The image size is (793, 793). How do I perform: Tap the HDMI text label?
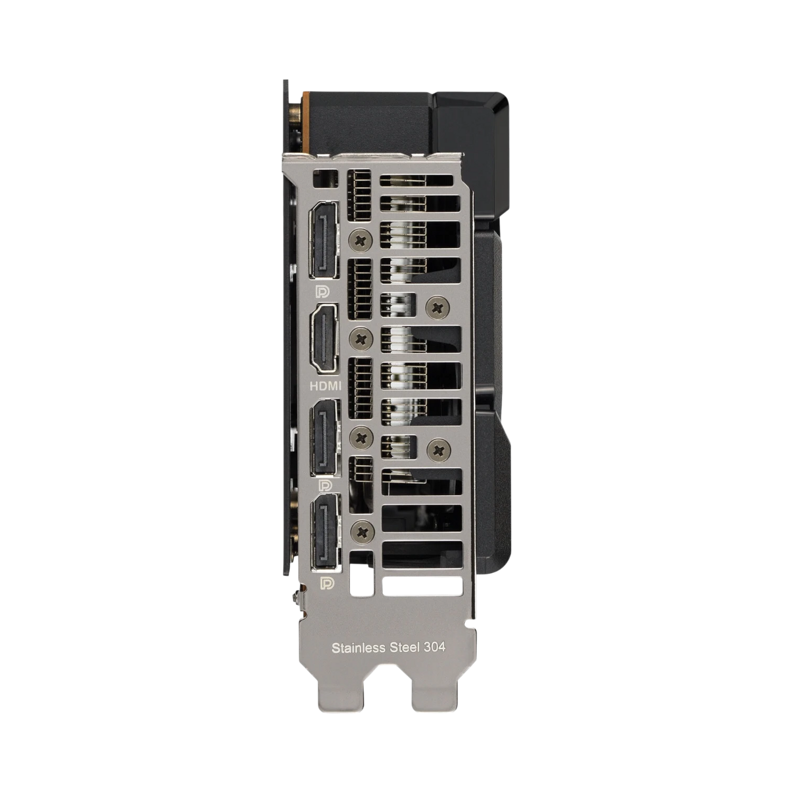coord(325,386)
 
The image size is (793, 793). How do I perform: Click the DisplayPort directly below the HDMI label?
coord(325,437)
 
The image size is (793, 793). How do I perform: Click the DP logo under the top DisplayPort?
coord(321,291)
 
